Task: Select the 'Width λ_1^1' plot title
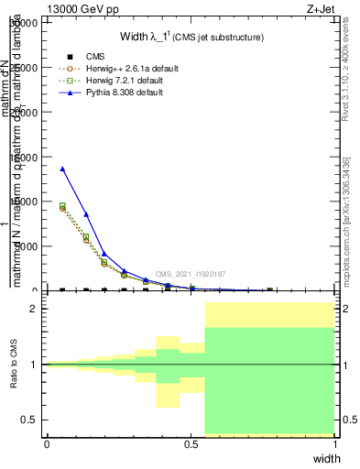click(192, 38)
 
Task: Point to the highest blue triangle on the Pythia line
click(62, 169)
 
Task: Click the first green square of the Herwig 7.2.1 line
click(62, 205)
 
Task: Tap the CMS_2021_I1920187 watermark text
click(191, 274)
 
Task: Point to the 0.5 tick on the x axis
click(191, 443)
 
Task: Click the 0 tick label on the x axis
click(47, 443)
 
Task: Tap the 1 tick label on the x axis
click(335, 443)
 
